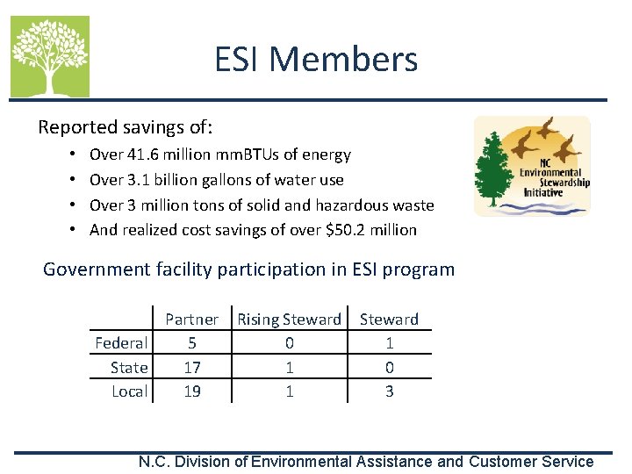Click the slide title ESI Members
click(x=316, y=60)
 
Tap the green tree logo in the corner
click(x=50, y=56)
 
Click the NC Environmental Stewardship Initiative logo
click(x=532, y=167)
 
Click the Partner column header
click(x=191, y=320)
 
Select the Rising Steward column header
click(x=289, y=320)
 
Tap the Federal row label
click(x=121, y=342)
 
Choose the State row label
click(x=129, y=367)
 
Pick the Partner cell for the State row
click(x=191, y=367)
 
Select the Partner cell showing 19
click(x=191, y=391)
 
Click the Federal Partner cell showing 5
click(x=191, y=342)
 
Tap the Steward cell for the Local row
click(x=389, y=391)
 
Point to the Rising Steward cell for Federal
click(x=289, y=342)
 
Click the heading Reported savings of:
click(x=125, y=127)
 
